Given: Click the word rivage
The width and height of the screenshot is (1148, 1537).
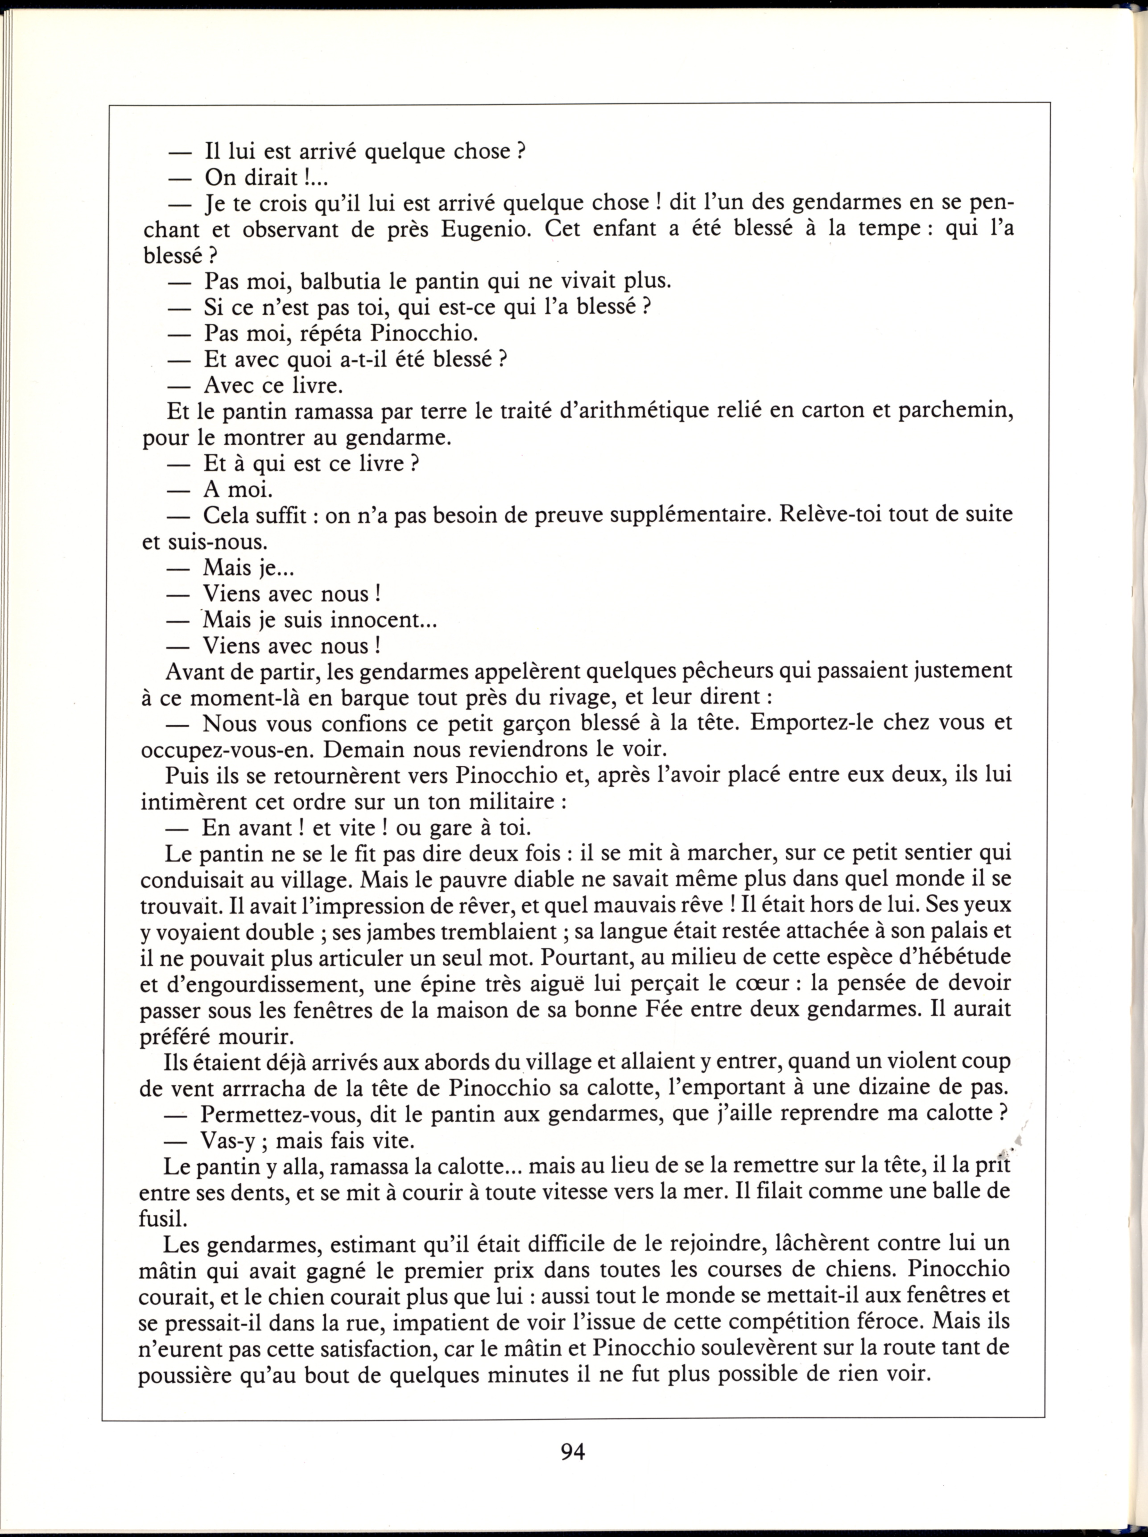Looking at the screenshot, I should [x=534, y=697].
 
